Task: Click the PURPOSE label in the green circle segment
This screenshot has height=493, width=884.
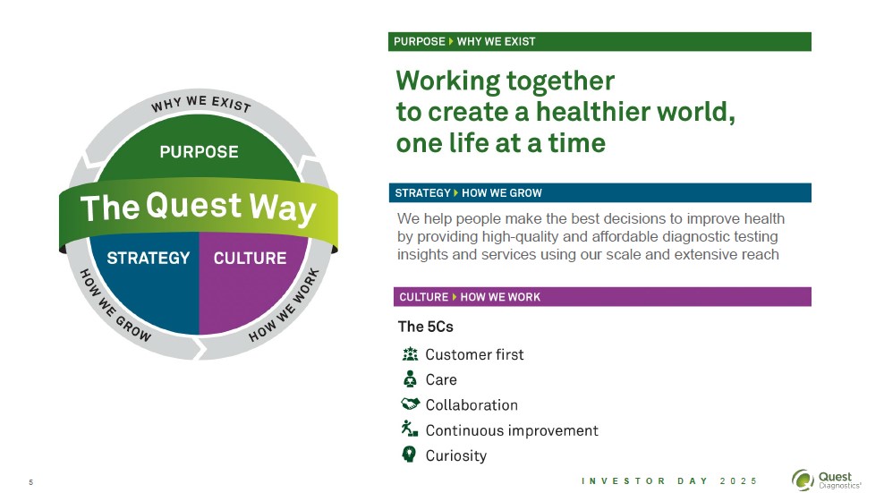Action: (x=199, y=151)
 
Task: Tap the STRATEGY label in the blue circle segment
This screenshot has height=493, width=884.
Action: (x=148, y=258)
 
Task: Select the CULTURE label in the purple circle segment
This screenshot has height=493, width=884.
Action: (x=250, y=258)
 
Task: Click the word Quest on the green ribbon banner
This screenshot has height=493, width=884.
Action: (x=194, y=206)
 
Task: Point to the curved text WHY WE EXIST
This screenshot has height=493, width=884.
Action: (x=200, y=105)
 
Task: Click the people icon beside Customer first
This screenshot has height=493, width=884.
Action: (x=411, y=353)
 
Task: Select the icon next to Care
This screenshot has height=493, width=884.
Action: (x=411, y=378)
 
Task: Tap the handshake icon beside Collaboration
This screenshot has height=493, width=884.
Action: (x=411, y=404)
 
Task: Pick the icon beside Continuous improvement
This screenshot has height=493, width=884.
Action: (x=411, y=429)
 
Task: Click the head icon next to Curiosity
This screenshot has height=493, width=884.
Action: (x=411, y=455)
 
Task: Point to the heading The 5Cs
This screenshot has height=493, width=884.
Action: (x=425, y=327)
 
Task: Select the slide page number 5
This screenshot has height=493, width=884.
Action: (x=30, y=483)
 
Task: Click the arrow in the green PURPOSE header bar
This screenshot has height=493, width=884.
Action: (x=451, y=41)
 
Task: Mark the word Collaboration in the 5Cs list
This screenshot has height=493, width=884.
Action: (x=472, y=404)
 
